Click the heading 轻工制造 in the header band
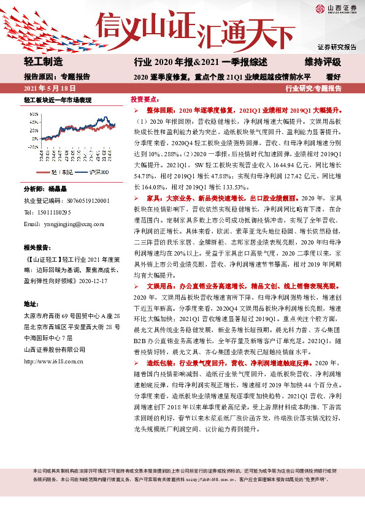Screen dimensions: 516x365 point(44,62)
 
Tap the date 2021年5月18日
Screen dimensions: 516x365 point(46,88)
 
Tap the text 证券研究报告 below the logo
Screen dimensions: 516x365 point(337,47)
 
